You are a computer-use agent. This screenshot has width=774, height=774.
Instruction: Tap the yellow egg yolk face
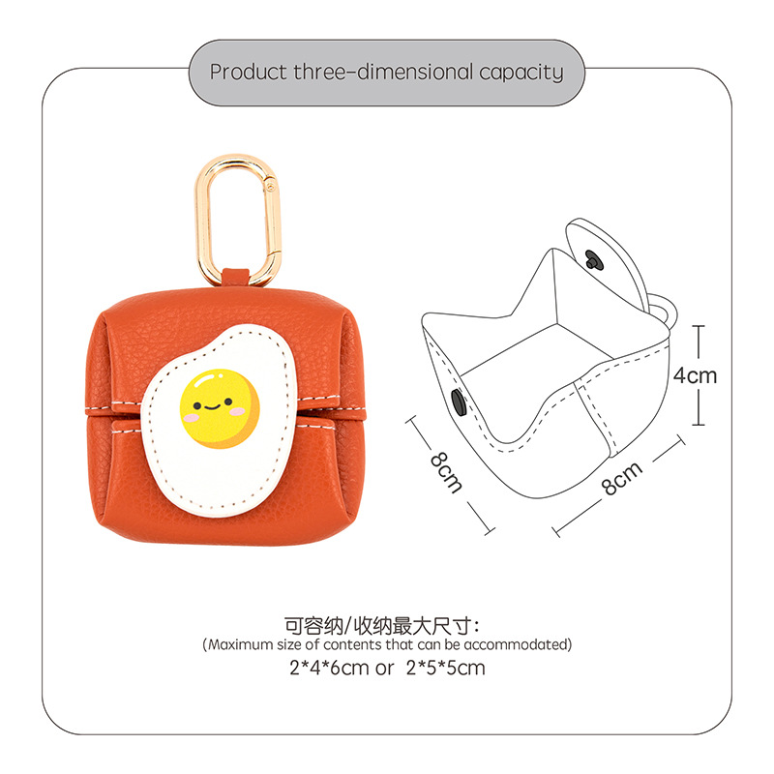click(x=220, y=403)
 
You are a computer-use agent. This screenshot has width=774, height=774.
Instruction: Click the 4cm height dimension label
click(x=696, y=374)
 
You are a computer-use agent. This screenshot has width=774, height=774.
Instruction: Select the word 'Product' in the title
click(x=249, y=72)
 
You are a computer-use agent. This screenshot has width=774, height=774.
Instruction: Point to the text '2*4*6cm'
click(x=328, y=668)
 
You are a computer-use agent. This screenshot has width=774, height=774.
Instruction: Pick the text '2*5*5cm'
click(x=445, y=668)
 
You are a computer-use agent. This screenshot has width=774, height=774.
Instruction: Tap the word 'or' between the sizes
click(x=386, y=669)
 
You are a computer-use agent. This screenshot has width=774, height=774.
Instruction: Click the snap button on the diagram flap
click(x=592, y=257)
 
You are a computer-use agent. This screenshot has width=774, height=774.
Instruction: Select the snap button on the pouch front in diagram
click(x=458, y=403)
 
